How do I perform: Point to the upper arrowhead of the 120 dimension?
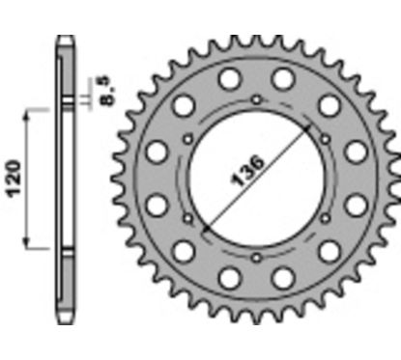(x=28, y=113)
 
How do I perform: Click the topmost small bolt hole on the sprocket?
(x=255, y=100)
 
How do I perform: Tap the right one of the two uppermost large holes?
(x=281, y=76)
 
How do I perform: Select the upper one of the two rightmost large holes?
(x=356, y=151)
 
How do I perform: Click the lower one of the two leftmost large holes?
(x=156, y=203)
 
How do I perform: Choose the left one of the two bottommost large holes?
(x=229, y=277)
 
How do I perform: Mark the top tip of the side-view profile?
(x=64, y=38)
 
